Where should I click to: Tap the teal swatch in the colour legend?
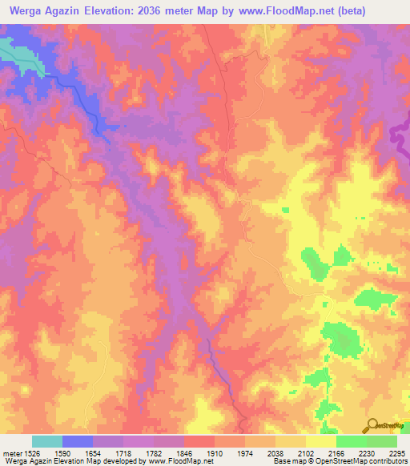click(47, 441)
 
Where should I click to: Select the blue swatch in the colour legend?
click(78, 441)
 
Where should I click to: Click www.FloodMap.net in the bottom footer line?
click(172, 461)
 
